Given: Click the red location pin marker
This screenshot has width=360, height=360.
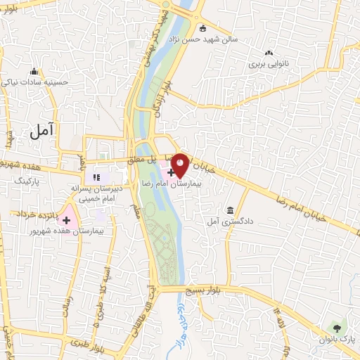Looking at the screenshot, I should pos(180,165).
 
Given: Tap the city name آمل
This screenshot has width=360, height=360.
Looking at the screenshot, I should pos(44,130).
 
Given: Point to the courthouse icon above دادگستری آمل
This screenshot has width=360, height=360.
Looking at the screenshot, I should pos(230,210).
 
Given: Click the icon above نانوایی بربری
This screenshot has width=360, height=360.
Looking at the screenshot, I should pos(268,52).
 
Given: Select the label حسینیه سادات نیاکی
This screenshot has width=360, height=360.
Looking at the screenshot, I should pos(34,82).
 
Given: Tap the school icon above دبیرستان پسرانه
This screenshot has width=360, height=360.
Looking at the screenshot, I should pos(96,177).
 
